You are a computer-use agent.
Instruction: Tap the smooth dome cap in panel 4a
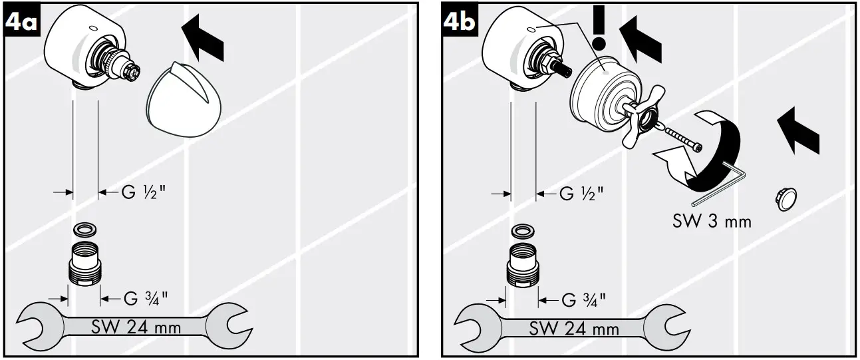tap(175, 99)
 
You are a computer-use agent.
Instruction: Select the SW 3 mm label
tap(710, 220)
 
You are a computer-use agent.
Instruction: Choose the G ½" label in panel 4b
tap(581, 194)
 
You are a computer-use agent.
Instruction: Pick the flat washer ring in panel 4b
tap(522, 232)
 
